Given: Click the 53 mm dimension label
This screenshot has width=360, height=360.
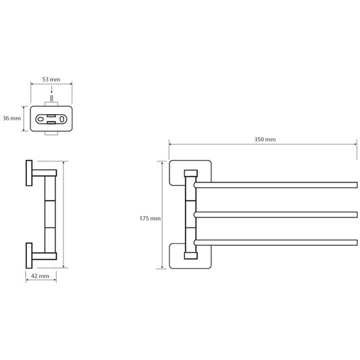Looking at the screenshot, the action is point(51,80).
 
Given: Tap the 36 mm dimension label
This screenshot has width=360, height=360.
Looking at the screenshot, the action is point(11,118).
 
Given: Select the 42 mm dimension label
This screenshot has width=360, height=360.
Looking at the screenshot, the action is point(40,276).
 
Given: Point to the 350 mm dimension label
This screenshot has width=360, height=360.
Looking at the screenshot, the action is point(265,139).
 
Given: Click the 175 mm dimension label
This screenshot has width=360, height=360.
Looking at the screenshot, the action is point(150,218).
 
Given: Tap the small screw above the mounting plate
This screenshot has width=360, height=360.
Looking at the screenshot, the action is point(51,99).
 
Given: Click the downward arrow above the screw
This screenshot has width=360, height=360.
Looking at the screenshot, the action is point(51,89).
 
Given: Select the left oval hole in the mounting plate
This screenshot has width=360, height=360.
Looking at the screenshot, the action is point(41,120).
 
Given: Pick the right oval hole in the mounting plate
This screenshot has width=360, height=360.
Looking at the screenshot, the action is point(61,119).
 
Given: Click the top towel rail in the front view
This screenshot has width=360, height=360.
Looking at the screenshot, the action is point(276,185).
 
